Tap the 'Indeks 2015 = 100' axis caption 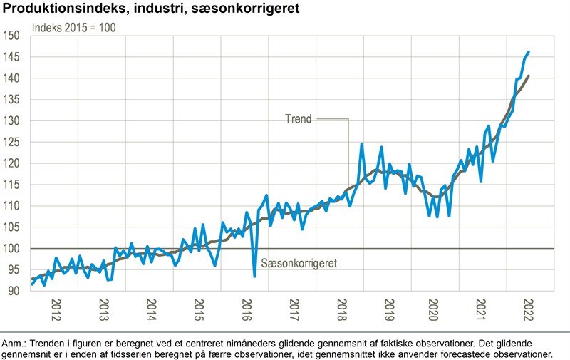click(73, 28)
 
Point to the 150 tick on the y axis click(12, 36)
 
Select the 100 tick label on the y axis click(12, 249)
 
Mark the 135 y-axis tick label click(12, 100)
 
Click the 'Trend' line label click(298, 119)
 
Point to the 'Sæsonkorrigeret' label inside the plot click(299, 263)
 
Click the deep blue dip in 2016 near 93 click(254, 276)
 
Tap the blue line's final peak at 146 click(528, 52)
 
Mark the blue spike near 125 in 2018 click(362, 144)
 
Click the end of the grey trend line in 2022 click(528, 76)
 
